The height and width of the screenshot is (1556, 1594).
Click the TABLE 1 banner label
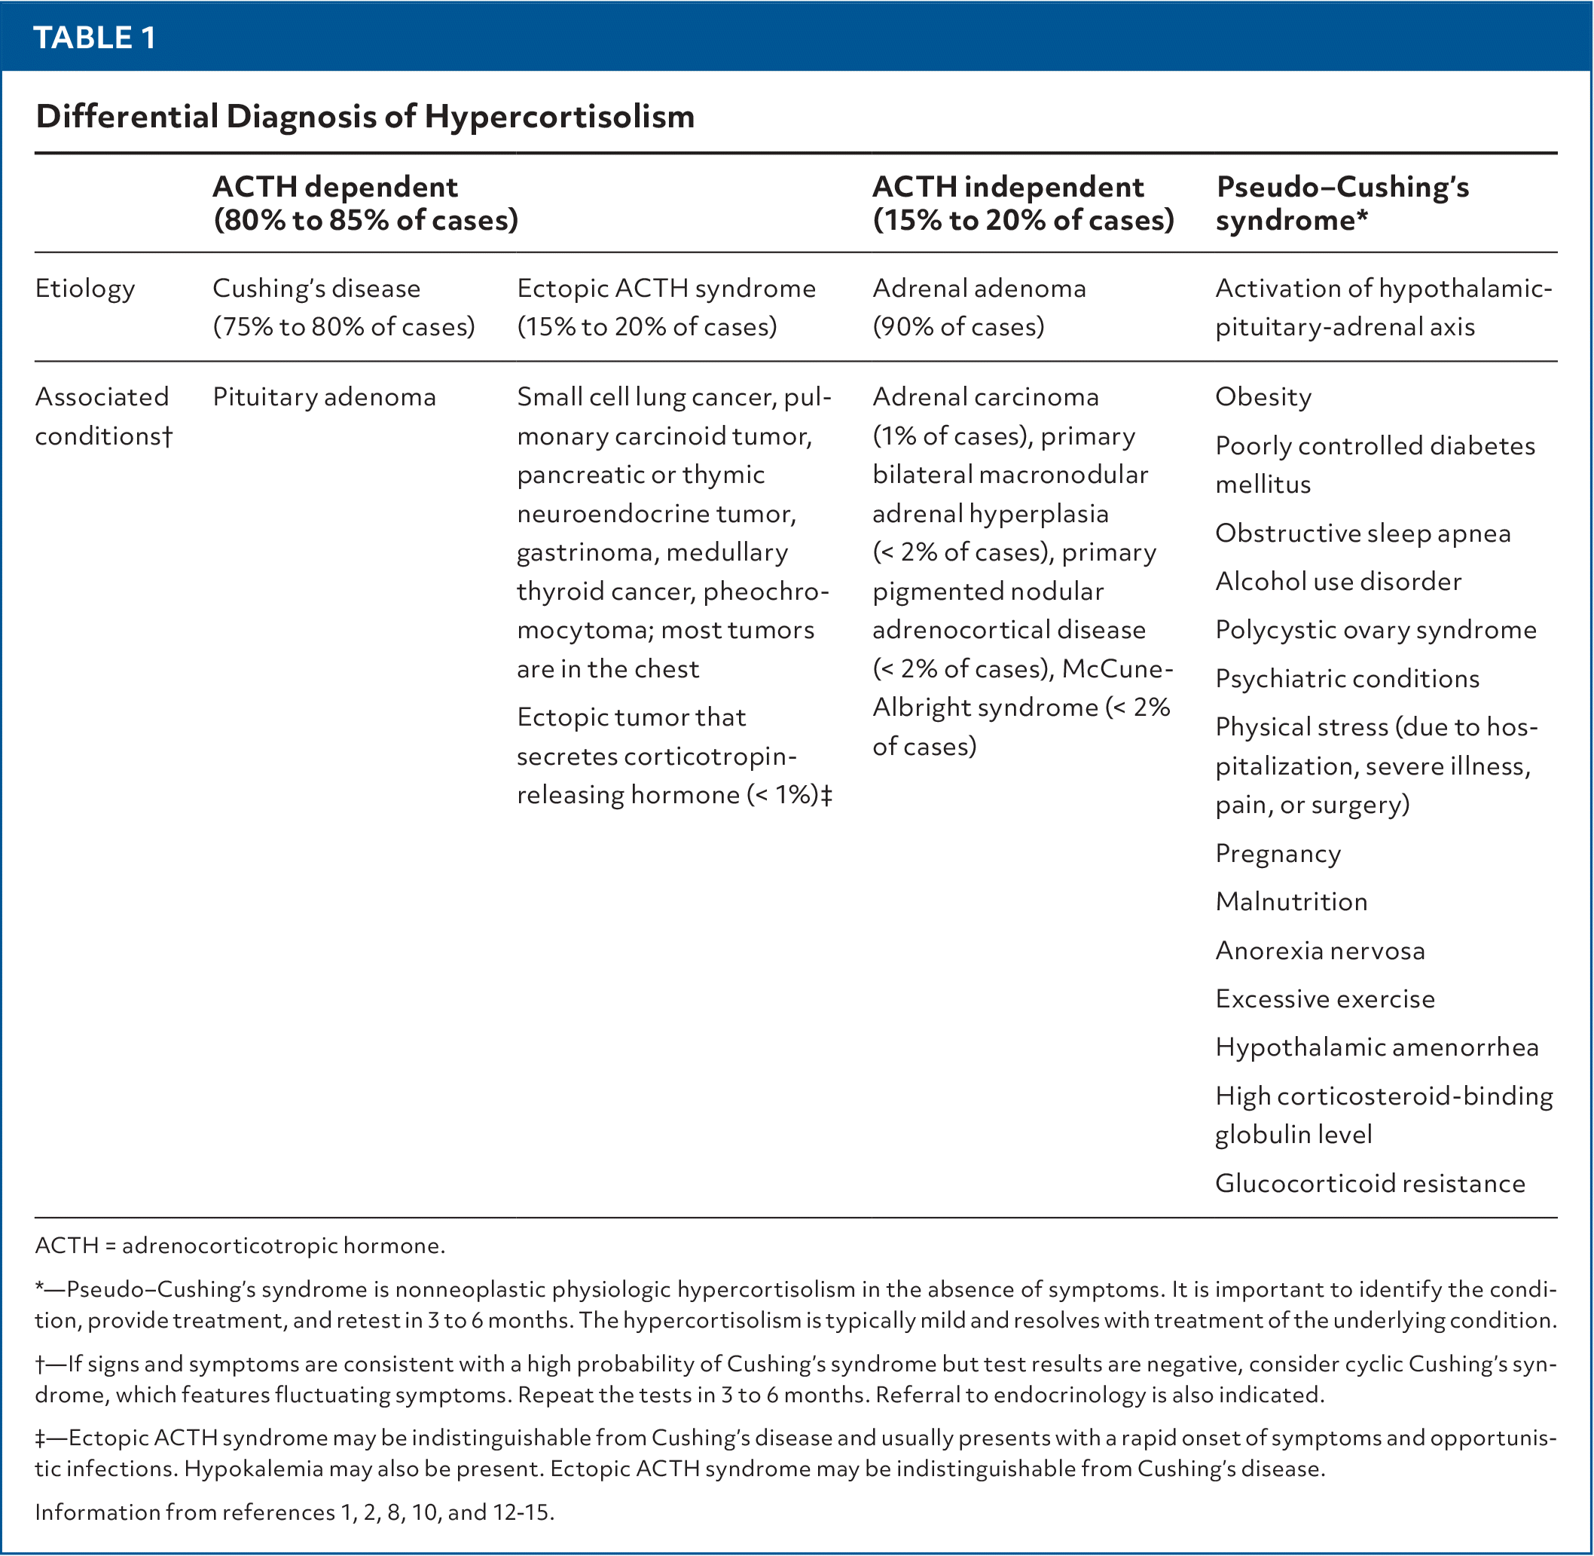pos(95,38)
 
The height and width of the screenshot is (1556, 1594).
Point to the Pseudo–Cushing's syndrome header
pos(1342,203)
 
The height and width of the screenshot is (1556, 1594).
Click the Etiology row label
pos(84,289)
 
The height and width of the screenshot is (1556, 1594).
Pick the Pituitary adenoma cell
pos(325,397)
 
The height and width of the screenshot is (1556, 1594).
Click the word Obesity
pos(1263,397)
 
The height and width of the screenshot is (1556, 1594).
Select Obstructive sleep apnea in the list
pos(1363,533)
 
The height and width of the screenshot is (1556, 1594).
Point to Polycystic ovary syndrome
pos(1376,630)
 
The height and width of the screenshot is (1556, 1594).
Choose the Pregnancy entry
pos(1278,853)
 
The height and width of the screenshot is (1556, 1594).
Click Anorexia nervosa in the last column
pos(1321,950)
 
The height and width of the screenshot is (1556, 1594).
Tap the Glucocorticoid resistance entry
pos(1370,1183)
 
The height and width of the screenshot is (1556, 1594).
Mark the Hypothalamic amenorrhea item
pos(1377,1047)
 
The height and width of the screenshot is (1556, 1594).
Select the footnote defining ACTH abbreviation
pos(240,1246)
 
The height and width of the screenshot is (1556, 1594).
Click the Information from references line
pos(294,1512)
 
